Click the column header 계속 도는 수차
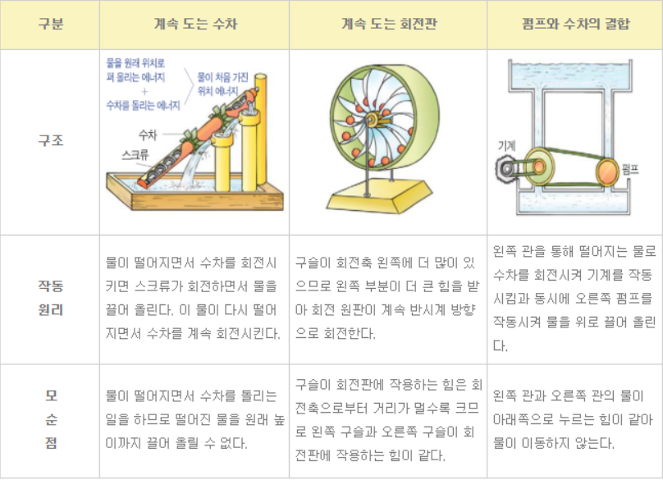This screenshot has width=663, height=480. click(194, 25)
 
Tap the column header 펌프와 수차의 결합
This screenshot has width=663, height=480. click(574, 25)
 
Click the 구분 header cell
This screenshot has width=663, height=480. click(49, 25)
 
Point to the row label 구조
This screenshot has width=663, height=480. click(49, 140)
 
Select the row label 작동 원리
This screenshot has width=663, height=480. click(49, 299)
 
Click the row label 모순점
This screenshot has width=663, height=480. click(49, 419)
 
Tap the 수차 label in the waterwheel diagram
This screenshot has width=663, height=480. click(149, 134)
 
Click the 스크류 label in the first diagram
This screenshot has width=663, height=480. click(138, 153)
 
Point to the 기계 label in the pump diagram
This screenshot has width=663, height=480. click(507, 144)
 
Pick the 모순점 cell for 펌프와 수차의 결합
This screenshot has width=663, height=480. click(574, 420)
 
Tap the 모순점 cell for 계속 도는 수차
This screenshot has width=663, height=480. click(194, 420)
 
